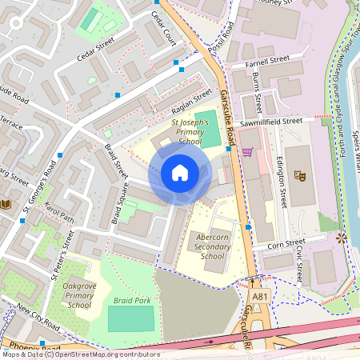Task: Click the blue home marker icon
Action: click(x=180, y=173)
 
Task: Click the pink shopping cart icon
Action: click(x=247, y=152)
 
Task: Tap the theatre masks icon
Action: click(x=301, y=174)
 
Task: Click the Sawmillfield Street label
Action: click(x=271, y=121)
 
